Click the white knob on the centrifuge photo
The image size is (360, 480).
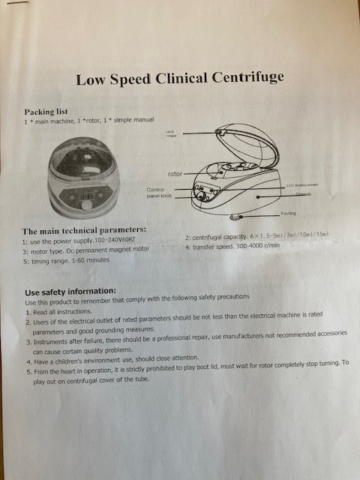(x=87, y=204)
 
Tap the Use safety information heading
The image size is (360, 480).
(x=70, y=291)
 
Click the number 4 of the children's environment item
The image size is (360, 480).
(x=28, y=360)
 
